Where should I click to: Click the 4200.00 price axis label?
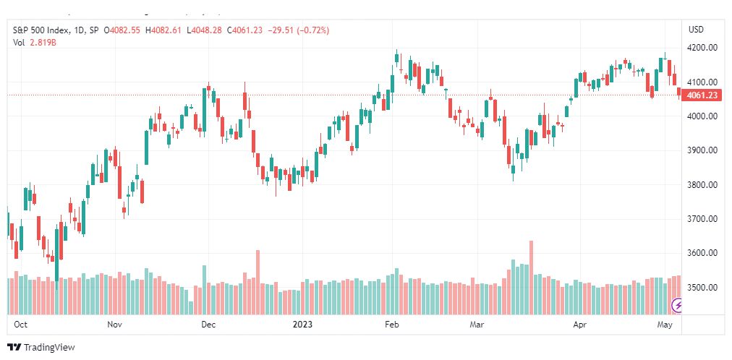703,48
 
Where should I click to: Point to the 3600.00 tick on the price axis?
703,253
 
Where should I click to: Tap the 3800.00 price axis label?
703,184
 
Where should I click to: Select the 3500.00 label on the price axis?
703,287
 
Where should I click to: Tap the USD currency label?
696,30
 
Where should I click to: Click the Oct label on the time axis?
20,325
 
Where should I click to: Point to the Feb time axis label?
391,325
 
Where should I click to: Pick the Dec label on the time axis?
208,325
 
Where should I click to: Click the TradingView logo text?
49,348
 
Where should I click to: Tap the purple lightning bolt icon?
677,306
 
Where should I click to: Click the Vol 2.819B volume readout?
35,43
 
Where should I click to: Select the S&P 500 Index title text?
41,30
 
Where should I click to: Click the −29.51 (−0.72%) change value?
297,30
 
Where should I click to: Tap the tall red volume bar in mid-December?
258,282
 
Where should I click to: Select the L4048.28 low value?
205,30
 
